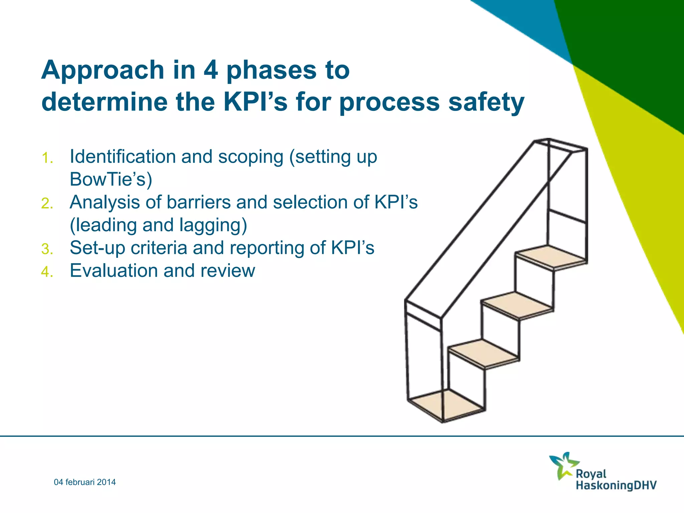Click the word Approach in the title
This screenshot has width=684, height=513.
[103, 71]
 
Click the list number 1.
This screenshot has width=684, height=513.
[47, 158]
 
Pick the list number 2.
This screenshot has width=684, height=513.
[47, 203]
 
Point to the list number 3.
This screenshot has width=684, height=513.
[47, 249]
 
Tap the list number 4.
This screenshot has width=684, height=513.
[47, 272]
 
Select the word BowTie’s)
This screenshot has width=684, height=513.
[111, 179]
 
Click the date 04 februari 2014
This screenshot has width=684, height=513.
[85, 482]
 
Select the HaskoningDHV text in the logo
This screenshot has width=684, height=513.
[616, 485]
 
